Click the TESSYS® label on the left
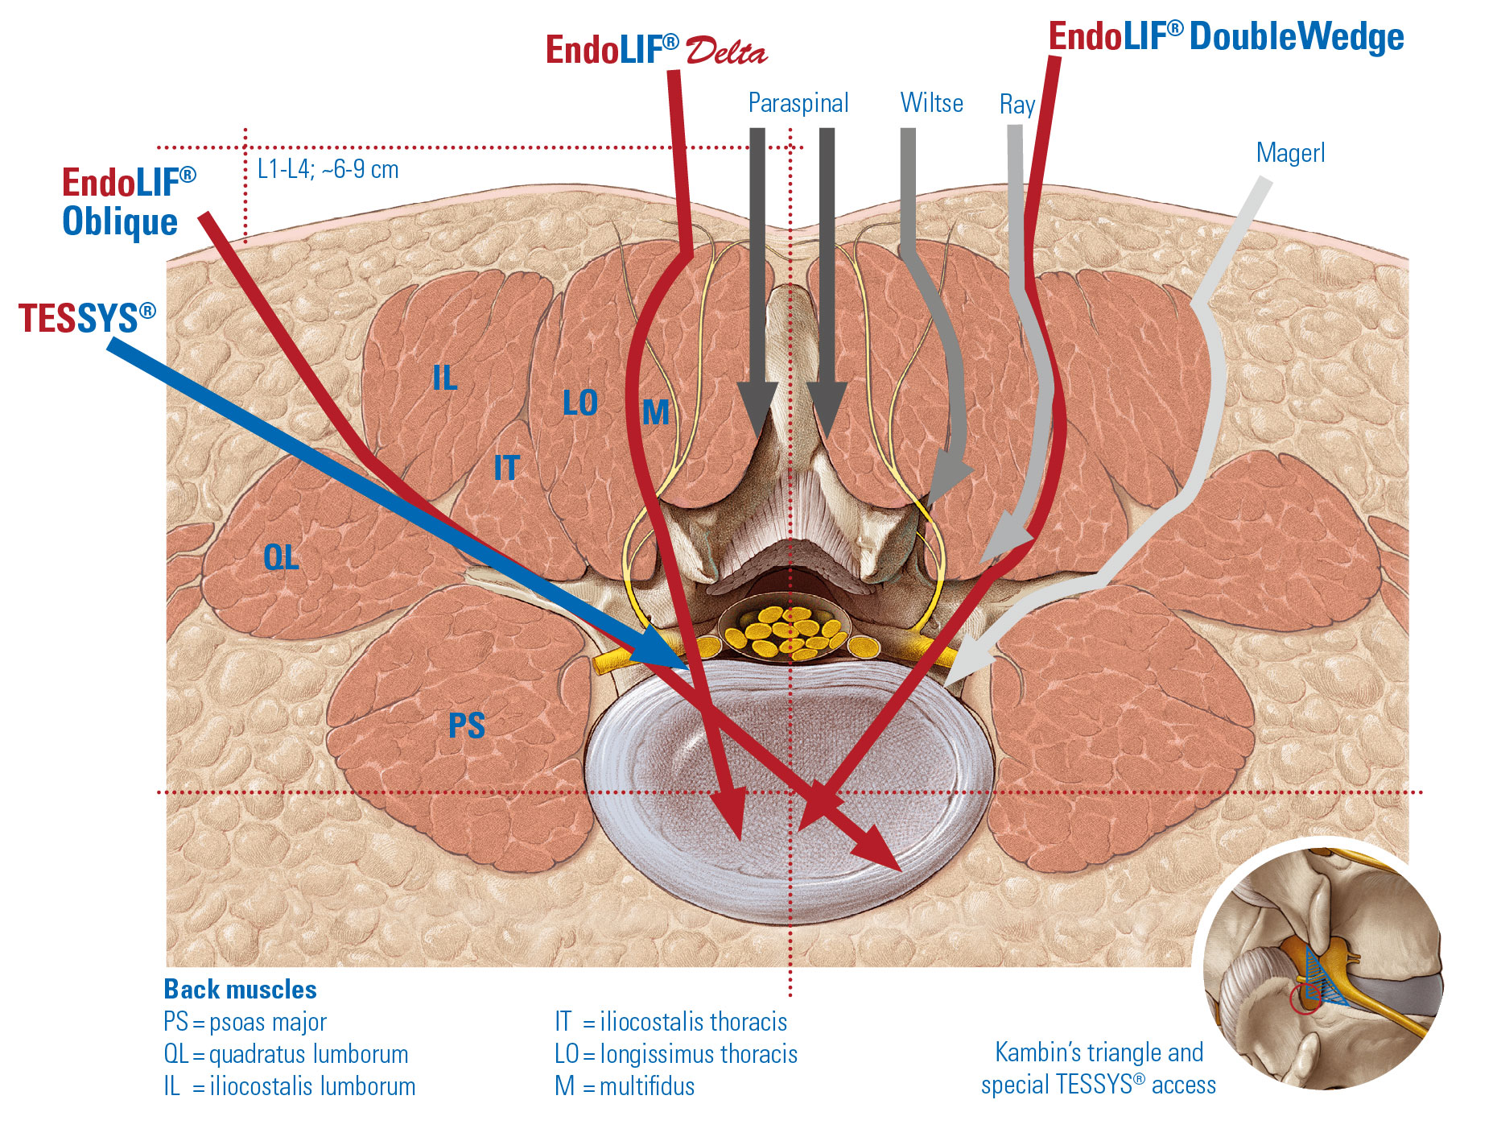(x=87, y=318)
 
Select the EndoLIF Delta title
(x=655, y=51)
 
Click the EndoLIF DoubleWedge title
(x=1226, y=37)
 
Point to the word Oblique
(x=120, y=221)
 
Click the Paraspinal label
(x=798, y=103)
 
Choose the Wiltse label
(x=931, y=103)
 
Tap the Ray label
(x=1017, y=105)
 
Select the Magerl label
(x=1290, y=153)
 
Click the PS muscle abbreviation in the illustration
(x=467, y=726)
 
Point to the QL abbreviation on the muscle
(x=281, y=557)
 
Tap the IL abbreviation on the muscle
(x=444, y=378)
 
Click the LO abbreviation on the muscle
(x=579, y=403)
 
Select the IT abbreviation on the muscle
(x=506, y=468)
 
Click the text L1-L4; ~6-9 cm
(x=328, y=170)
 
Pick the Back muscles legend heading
(x=240, y=989)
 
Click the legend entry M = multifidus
(x=625, y=1086)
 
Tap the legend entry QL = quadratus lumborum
(x=286, y=1054)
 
